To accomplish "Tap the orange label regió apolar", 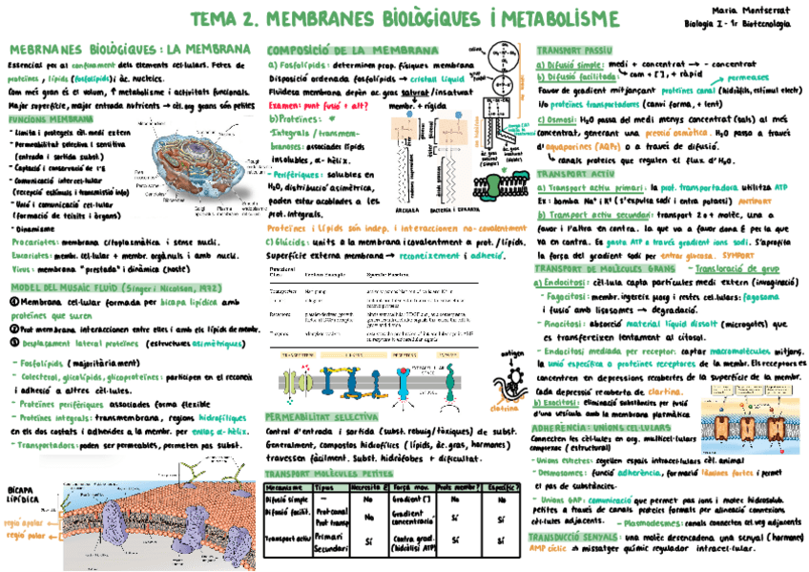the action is pyautogui.click(x=24, y=523).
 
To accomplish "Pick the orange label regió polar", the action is pyautogui.click(x=24, y=536).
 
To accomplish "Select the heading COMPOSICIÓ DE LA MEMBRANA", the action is pyautogui.click(x=339, y=49).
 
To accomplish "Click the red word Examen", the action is pyautogui.click(x=284, y=107).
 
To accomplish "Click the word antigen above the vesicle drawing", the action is pyautogui.click(x=513, y=353).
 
